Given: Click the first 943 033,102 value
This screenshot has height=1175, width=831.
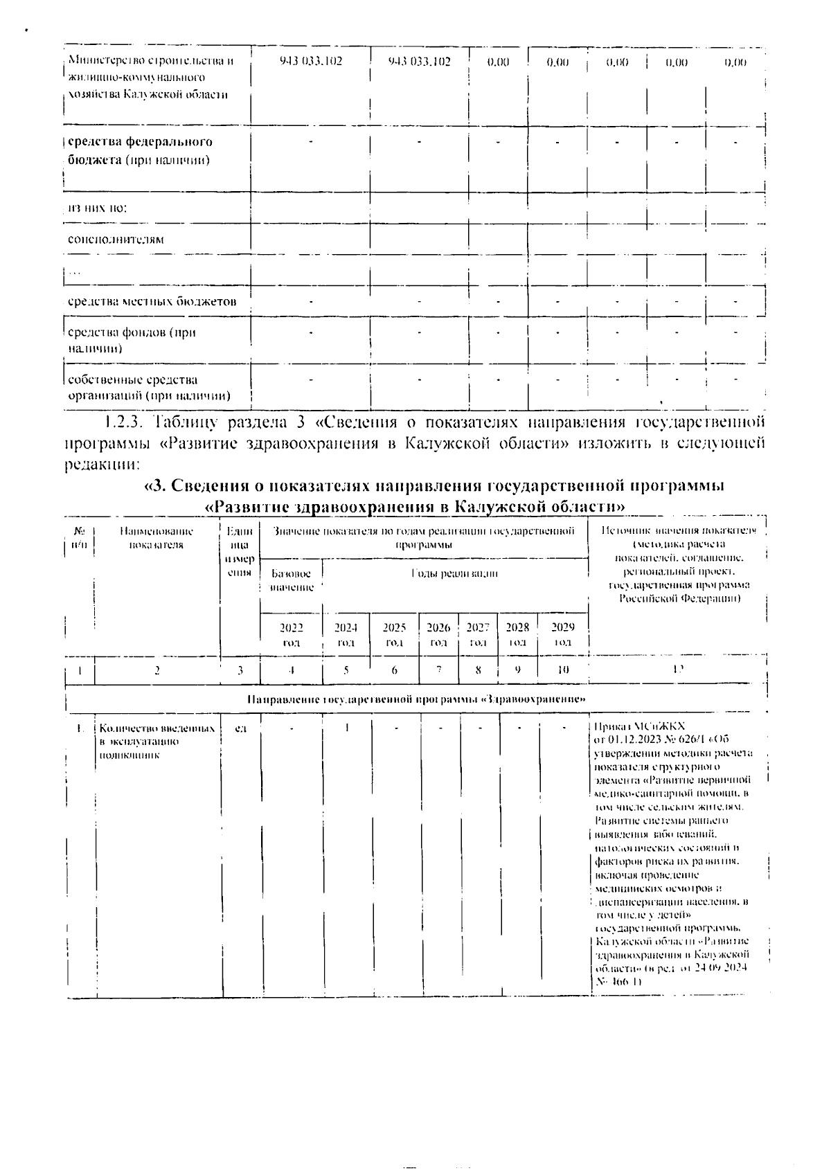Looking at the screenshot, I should pos(310,62).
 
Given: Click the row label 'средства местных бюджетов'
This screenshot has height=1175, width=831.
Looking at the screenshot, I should pos(152,302).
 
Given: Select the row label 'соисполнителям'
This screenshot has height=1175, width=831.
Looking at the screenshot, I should pos(116,240).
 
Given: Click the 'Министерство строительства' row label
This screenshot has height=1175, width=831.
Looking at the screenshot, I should pos(150,77).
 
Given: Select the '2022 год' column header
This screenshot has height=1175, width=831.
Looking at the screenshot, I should pos(291,634).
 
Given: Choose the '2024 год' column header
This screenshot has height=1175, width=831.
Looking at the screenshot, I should pos(346,634).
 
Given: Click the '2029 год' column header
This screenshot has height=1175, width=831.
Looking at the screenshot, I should pos(563,634).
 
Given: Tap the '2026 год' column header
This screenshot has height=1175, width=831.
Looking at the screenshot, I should pos(438,634).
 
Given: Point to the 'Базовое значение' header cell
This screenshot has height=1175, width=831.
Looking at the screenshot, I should pos(291,580).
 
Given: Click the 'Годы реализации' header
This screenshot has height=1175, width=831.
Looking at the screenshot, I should pos(454,573).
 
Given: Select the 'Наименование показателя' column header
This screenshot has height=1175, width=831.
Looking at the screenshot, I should pos(157,537).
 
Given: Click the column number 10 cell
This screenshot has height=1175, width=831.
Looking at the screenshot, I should pos(563,670).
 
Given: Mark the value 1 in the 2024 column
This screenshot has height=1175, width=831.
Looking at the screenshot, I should pos(346,728).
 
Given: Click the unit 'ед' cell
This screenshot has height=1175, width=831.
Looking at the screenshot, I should pos(240,728).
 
